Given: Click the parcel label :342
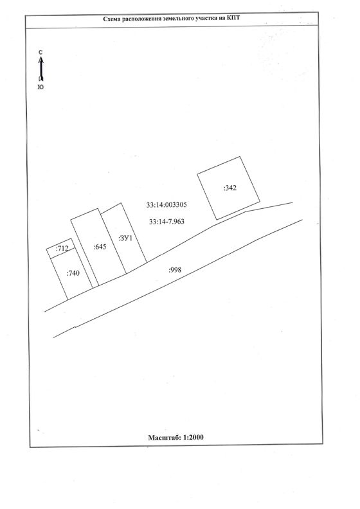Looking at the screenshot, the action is click(x=230, y=188).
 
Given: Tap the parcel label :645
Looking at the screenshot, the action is click(x=100, y=247).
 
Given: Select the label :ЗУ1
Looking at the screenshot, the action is click(x=125, y=238).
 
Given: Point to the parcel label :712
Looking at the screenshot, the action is click(x=62, y=249).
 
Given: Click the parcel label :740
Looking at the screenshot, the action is click(x=73, y=273).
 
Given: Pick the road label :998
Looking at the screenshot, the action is click(x=175, y=270).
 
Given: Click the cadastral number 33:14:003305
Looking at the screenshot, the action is click(x=166, y=205).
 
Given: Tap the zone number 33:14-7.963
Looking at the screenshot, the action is click(x=166, y=221).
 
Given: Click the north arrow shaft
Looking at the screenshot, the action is click(x=41, y=69).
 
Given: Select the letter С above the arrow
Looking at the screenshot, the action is click(x=40, y=52).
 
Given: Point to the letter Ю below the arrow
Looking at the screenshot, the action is click(x=40, y=87).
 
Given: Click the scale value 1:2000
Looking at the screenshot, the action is click(x=194, y=437).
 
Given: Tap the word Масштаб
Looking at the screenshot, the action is click(x=165, y=438).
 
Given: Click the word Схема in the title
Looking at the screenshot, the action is click(x=111, y=19).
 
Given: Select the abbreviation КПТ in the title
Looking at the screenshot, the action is click(x=233, y=18).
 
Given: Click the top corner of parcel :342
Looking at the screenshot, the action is click(x=240, y=156).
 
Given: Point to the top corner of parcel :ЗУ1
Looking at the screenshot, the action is click(x=122, y=203).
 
